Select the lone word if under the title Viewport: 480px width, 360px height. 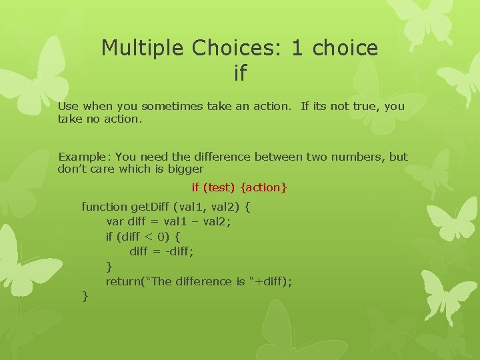coord(240,73)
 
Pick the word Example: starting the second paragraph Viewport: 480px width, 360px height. coord(85,157)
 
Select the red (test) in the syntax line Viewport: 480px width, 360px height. coord(221,188)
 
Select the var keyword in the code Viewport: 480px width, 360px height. coord(114,222)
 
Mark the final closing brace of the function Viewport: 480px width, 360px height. coord(85,296)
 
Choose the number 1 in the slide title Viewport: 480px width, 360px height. coord(297,48)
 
